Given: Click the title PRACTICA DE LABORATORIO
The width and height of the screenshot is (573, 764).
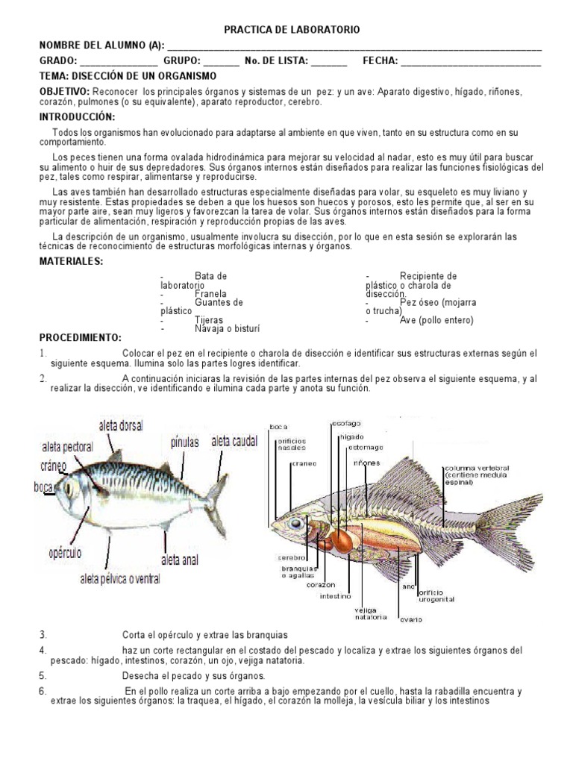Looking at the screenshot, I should click(292, 30).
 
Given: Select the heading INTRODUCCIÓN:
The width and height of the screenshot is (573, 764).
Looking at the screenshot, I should click(78, 118).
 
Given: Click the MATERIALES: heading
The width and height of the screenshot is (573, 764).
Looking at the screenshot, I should click(72, 260).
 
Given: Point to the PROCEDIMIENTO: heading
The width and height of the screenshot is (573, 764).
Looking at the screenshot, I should click(80, 338).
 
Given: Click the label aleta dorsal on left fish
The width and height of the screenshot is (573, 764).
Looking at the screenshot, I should click(120, 425).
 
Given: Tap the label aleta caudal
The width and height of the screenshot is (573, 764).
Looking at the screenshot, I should click(234, 442).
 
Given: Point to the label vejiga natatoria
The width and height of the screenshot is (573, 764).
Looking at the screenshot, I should click(370, 613).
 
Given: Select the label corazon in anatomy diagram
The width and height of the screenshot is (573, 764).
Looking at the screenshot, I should click(321, 585).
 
